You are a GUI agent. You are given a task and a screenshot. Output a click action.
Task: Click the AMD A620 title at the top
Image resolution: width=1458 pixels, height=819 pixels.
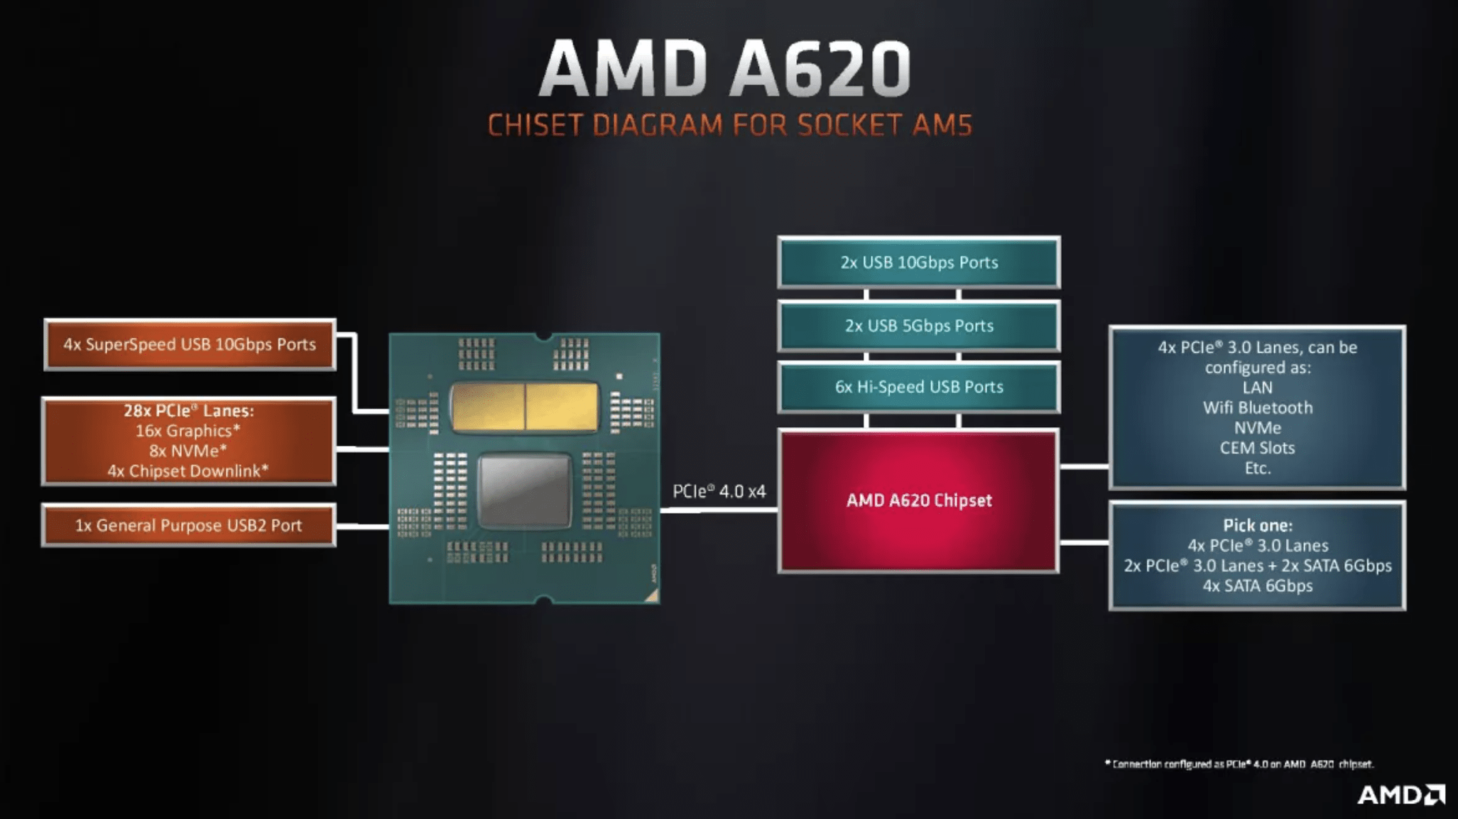tap(724, 69)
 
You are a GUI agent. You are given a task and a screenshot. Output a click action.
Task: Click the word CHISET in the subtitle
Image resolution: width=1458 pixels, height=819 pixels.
tap(535, 126)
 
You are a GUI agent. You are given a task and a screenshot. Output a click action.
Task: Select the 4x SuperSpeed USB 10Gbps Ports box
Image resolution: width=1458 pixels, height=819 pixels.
tap(190, 345)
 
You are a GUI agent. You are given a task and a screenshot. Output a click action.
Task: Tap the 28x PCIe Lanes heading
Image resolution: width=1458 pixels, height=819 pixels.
tap(188, 410)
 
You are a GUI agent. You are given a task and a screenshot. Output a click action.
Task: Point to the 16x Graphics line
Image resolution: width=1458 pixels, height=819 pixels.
tap(188, 431)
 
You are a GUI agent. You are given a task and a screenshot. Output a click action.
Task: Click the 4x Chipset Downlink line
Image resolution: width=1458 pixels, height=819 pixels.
tap(188, 471)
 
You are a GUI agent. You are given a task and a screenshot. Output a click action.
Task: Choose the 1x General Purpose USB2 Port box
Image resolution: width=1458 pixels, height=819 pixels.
tap(188, 526)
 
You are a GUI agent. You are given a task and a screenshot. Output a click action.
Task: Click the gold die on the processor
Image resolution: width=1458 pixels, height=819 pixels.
tap(525, 407)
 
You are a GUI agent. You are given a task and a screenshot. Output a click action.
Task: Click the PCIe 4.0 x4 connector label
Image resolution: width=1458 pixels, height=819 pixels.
tap(719, 491)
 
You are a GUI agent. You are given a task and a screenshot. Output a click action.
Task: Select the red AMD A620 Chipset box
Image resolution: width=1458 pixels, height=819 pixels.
tap(919, 500)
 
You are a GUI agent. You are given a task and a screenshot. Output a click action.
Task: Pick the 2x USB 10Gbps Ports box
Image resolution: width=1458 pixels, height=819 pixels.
tap(919, 263)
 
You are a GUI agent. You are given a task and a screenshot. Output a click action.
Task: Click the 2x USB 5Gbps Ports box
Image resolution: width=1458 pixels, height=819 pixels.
tap(919, 326)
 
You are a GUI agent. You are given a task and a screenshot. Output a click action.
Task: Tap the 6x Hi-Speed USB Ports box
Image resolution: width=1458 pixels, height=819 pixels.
tap(919, 387)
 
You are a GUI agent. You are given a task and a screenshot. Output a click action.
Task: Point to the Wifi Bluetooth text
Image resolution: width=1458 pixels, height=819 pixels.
tap(1257, 408)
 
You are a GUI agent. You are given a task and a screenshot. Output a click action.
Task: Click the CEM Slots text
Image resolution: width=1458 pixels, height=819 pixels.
tap(1257, 449)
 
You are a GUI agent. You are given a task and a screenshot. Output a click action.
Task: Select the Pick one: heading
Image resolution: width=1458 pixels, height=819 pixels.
tap(1257, 526)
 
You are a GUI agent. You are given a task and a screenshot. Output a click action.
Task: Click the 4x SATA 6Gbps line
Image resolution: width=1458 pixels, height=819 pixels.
tap(1257, 586)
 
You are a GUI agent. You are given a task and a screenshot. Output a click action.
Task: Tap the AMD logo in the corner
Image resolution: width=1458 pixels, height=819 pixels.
tap(1400, 795)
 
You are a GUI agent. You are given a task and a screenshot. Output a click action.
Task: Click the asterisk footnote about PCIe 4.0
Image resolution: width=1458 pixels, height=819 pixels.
tap(1239, 764)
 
